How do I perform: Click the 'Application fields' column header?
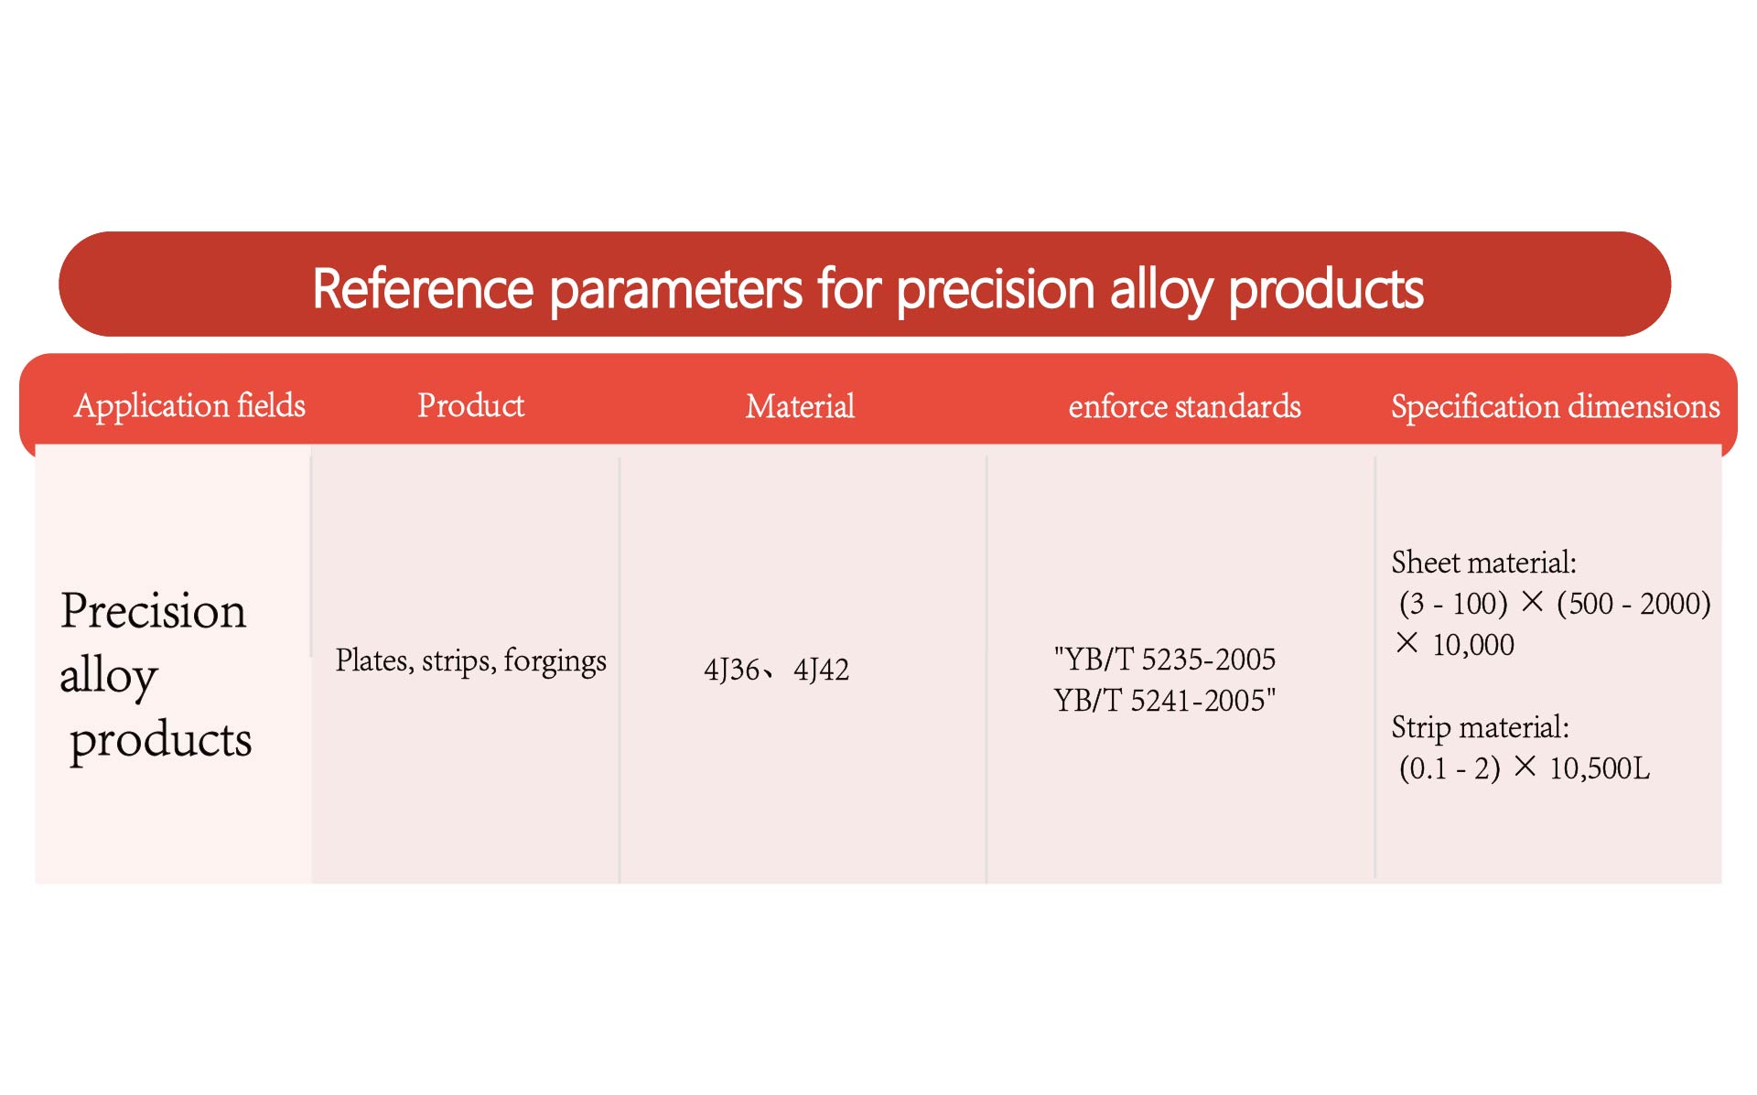tap(189, 405)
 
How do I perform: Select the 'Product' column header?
tap(470, 405)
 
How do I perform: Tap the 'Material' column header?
tap(800, 406)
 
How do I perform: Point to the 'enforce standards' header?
tap(1184, 406)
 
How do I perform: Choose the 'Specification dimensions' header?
tap(1556, 406)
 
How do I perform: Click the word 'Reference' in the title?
tap(423, 289)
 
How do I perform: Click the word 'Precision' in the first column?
tap(153, 610)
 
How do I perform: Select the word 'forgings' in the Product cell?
tap(555, 661)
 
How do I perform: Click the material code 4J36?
tap(731, 670)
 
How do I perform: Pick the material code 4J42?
tap(821, 670)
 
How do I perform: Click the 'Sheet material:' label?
tap(1483, 562)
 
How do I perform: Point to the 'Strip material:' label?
tap(1480, 727)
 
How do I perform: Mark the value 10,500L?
tap(1600, 768)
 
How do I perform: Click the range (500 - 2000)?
tap(1633, 604)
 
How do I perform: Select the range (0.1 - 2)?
tap(1450, 768)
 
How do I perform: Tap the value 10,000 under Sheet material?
tap(1473, 645)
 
